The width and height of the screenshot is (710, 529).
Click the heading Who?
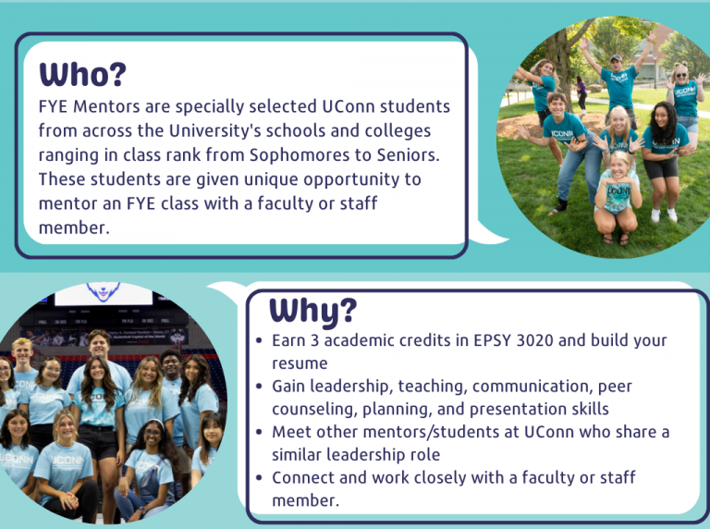(82, 73)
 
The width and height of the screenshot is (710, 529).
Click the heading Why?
(312, 310)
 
